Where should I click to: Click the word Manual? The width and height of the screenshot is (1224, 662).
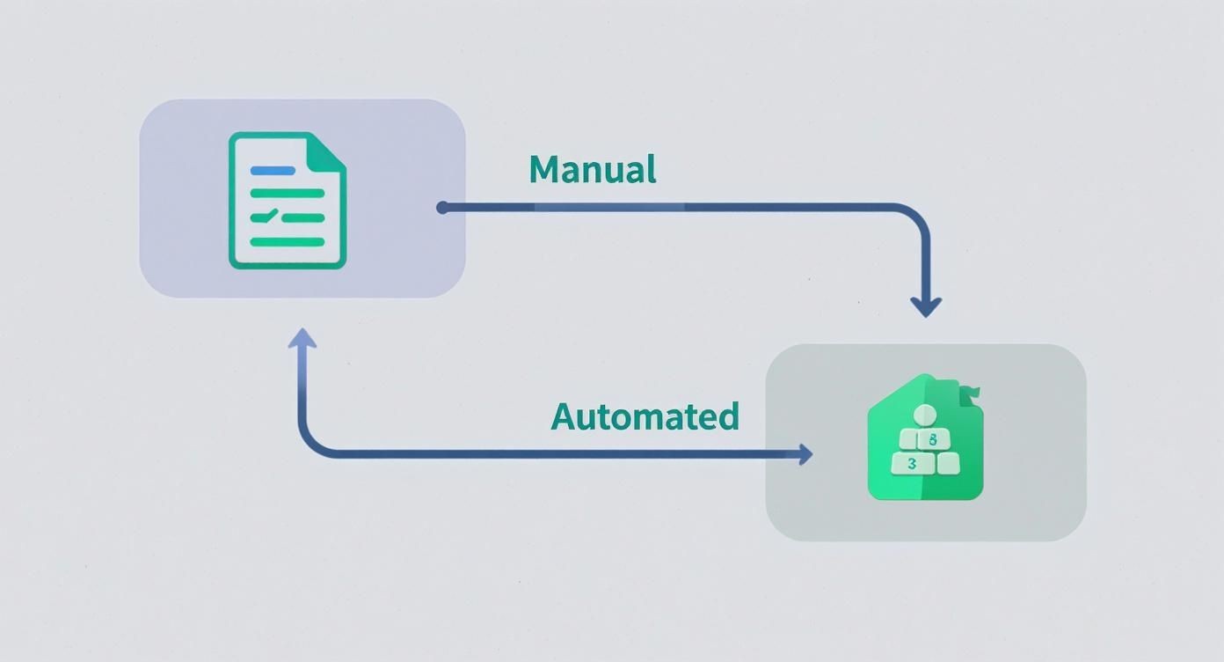(x=592, y=169)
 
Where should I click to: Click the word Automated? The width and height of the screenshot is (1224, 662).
(x=645, y=416)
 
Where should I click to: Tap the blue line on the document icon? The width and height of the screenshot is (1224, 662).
(x=273, y=171)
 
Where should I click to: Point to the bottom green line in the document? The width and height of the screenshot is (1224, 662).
(x=288, y=241)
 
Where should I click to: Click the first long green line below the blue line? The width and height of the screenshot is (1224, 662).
(x=288, y=194)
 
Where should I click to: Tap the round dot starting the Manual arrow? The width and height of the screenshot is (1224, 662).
(x=442, y=208)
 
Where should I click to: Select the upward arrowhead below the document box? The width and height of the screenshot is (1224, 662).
(x=302, y=338)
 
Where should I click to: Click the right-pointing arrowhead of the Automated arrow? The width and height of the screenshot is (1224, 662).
(x=804, y=454)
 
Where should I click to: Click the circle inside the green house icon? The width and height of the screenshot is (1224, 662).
(x=926, y=415)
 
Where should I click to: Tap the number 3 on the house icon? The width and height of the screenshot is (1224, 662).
(x=912, y=463)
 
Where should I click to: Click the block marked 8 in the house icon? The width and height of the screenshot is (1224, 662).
(x=933, y=438)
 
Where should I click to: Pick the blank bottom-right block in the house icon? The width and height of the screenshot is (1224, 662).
(x=946, y=463)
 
